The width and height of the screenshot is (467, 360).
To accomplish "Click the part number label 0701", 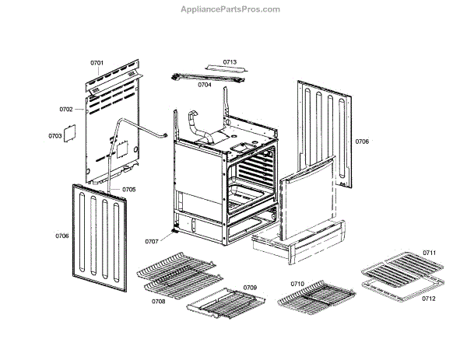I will click(97, 61).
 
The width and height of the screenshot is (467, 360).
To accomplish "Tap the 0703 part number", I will click(54, 135).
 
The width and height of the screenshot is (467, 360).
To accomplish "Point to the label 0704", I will click(205, 85).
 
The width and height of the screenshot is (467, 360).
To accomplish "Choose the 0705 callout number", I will click(128, 190).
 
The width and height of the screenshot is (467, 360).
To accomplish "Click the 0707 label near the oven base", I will click(151, 242).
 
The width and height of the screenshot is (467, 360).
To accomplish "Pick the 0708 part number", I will click(158, 301).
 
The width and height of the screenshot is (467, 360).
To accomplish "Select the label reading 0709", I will click(250, 288).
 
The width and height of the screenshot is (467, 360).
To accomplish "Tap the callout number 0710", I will click(297, 284).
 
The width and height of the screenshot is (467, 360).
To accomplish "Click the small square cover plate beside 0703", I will click(68, 131).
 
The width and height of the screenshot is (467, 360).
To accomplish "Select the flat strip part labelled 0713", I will click(223, 70).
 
